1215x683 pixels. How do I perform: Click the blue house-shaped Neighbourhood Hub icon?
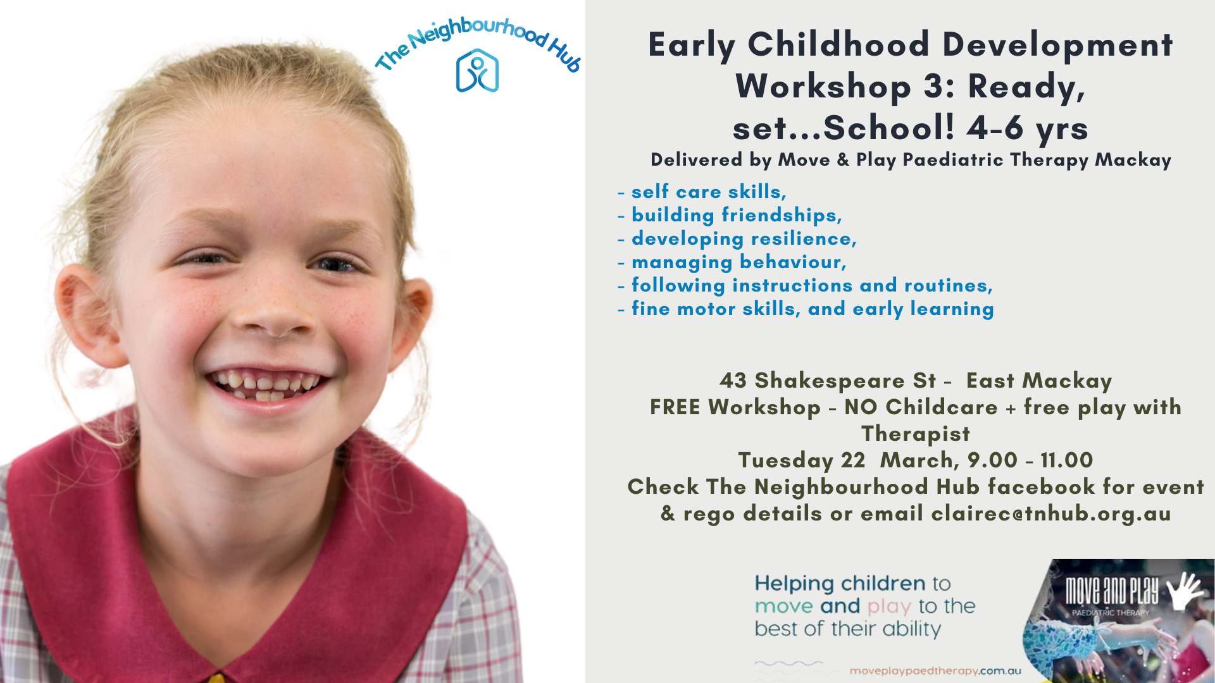pos(477,70)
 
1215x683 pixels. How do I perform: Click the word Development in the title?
pos(1057,45)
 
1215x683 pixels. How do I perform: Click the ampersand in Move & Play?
pos(843,160)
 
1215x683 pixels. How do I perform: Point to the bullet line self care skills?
pos(702,192)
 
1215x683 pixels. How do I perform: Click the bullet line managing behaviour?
pos(732,262)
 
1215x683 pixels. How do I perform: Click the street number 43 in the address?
pos(733,381)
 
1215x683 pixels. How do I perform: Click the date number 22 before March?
pos(852,460)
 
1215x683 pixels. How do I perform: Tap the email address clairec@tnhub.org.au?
pos(1051,514)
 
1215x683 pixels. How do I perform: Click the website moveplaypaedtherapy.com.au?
pos(935,671)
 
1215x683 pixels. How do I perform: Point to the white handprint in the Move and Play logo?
pos(1183,591)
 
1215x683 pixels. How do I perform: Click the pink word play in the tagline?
pos(889,606)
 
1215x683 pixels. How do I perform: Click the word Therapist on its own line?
pos(915,434)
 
